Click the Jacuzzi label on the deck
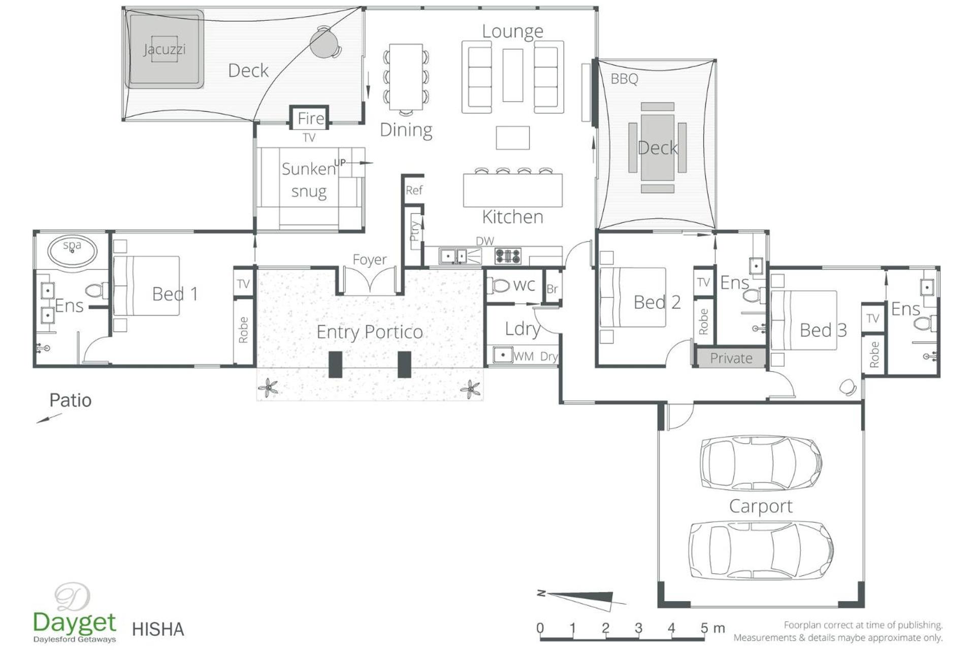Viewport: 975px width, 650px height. (164, 49)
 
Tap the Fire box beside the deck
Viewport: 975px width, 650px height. (309, 118)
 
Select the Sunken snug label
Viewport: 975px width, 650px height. (309, 180)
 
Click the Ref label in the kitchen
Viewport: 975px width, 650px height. (414, 190)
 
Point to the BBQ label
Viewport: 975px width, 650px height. (624, 79)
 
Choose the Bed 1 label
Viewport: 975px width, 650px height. (175, 294)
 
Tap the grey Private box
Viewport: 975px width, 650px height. (731, 358)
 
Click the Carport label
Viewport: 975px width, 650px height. (761, 507)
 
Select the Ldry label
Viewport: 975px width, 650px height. (523, 329)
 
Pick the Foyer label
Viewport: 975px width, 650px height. (369, 260)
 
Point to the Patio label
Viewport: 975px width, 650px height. (71, 400)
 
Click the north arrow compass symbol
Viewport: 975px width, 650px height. (581, 599)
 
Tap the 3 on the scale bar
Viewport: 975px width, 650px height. (638, 628)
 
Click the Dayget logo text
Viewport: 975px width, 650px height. (75, 623)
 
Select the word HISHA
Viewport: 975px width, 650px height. (158, 629)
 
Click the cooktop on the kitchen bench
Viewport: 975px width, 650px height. (508, 256)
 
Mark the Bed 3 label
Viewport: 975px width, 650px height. (823, 330)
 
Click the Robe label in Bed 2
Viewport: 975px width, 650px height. (703, 321)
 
